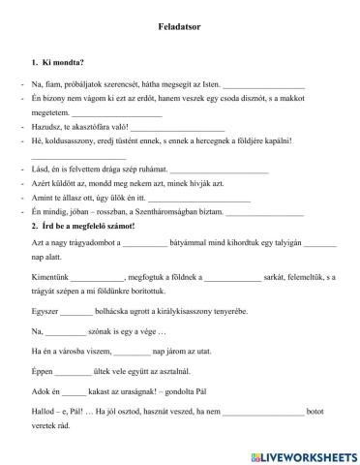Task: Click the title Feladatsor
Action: click(x=179, y=30)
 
